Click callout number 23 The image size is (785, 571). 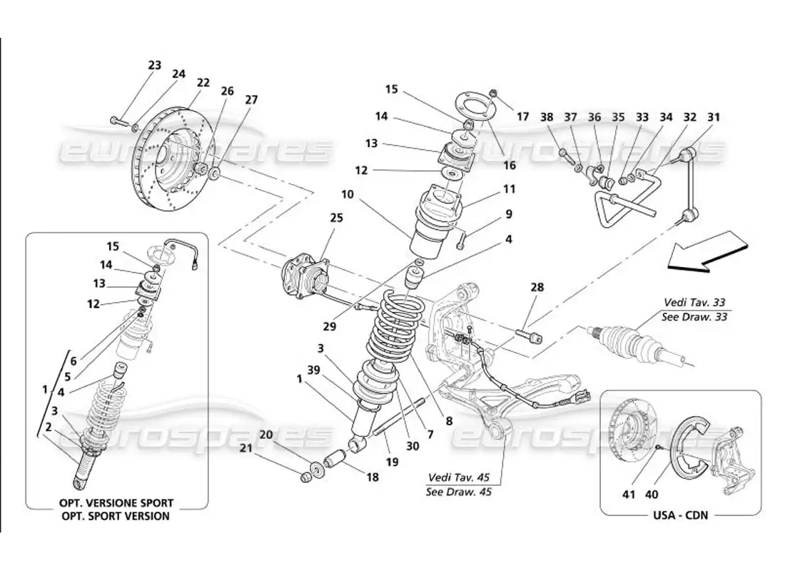click(x=155, y=66)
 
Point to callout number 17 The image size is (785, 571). click(x=523, y=116)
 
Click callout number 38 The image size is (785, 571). click(x=547, y=116)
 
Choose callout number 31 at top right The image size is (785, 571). click(x=714, y=116)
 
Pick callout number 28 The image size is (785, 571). click(x=536, y=288)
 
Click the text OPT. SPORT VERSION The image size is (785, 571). click(x=116, y=516)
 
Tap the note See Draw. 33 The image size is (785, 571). click(x=695, y=317)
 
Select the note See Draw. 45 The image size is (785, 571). click(x=458, y=491)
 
